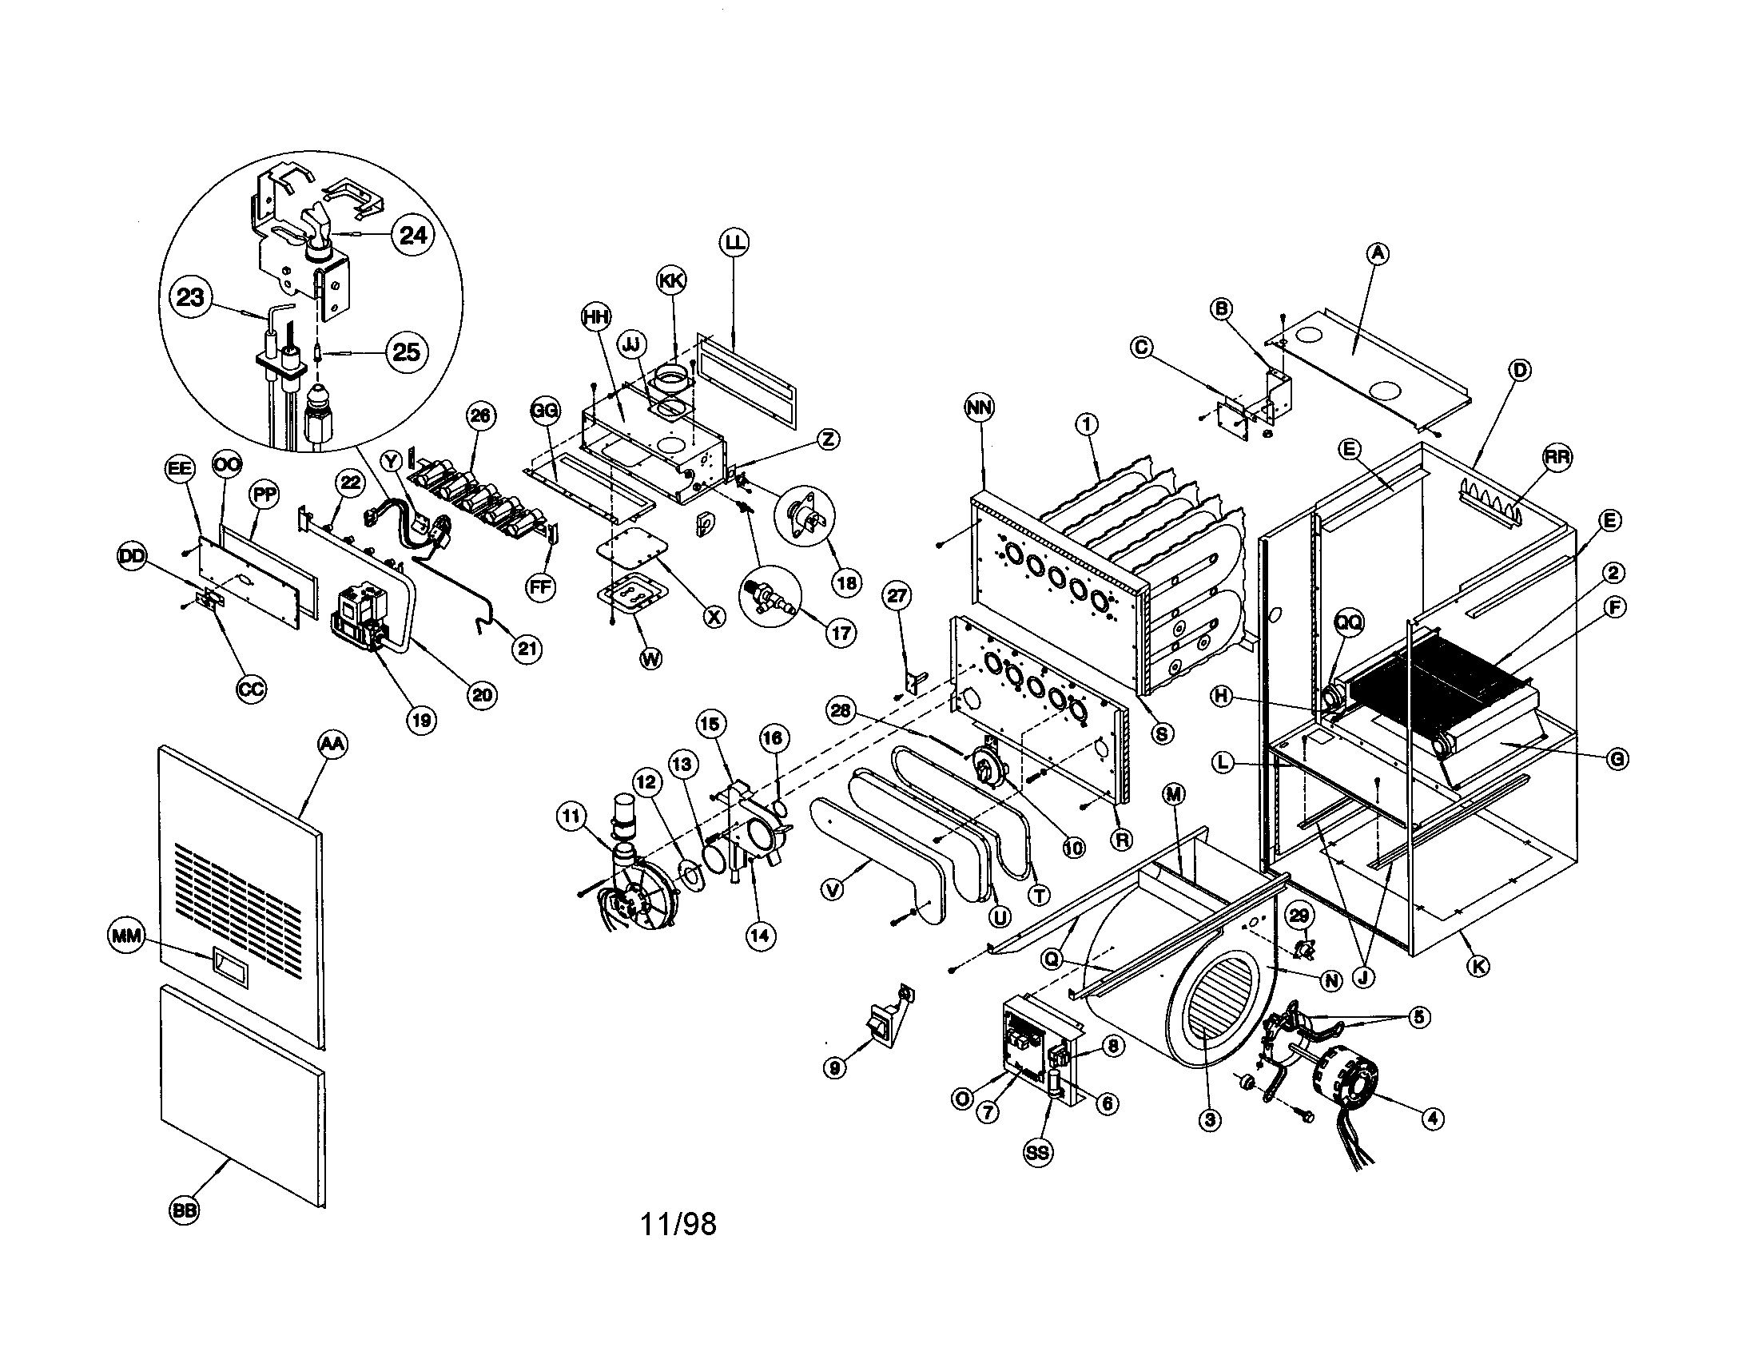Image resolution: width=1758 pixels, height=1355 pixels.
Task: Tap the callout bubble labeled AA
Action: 332,745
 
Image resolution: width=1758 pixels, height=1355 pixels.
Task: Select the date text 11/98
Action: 678,1224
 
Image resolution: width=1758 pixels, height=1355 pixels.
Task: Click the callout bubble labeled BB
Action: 185,1211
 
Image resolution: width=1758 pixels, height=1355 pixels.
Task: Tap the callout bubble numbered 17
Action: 841,634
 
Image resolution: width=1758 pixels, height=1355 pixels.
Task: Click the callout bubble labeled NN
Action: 980,408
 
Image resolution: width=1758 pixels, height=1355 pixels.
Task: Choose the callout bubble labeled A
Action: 1378,253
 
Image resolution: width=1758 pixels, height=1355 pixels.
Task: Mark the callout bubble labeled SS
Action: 1037,1152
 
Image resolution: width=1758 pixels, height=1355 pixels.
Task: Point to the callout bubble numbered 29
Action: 1299,915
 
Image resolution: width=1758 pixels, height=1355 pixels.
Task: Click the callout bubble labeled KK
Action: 671,280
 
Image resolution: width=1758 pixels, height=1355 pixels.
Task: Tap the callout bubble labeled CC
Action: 251,689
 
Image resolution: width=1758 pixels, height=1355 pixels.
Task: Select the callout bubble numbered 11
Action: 571,817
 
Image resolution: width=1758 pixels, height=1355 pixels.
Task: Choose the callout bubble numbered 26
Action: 480,415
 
